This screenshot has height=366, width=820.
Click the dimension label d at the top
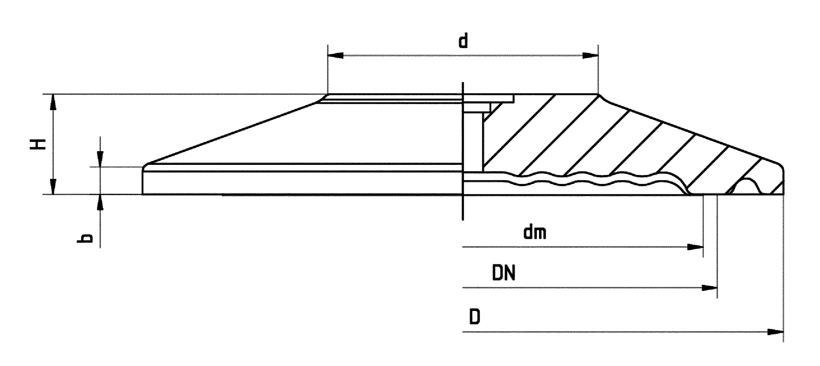tap(463, 41)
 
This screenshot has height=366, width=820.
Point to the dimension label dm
tap(535, 233)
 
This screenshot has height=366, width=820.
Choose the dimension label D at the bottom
tap(474, 317)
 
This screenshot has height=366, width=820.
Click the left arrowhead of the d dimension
tap(335, 56)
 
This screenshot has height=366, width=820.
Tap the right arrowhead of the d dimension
tap(590, 56)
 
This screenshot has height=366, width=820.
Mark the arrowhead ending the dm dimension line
tap(695, 247)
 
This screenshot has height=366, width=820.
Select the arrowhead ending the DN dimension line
tap(709, 288)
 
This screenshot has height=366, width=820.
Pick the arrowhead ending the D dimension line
tap(776, 332)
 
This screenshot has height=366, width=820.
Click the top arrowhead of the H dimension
tap(53, 102)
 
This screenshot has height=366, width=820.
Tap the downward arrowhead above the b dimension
tap(100, 159)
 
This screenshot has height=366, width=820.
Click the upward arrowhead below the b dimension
tap(100, 202)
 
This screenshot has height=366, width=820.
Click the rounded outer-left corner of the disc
tap(145, 167)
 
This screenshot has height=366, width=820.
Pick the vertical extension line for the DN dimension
tap(717, 248)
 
